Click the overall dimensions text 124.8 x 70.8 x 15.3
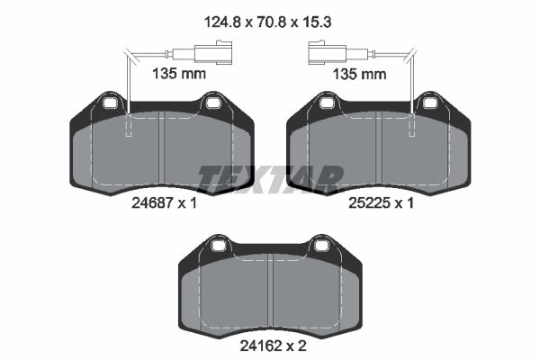tap(267, 22)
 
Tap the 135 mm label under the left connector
tap(179, 74)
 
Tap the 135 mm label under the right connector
tap(359, 74)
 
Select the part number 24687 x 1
tap(164, 203)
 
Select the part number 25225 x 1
tap(381, 203)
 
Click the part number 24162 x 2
tap(273, 346)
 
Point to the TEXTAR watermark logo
tap(270, 178)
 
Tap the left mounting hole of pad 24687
tap(110, 103)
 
